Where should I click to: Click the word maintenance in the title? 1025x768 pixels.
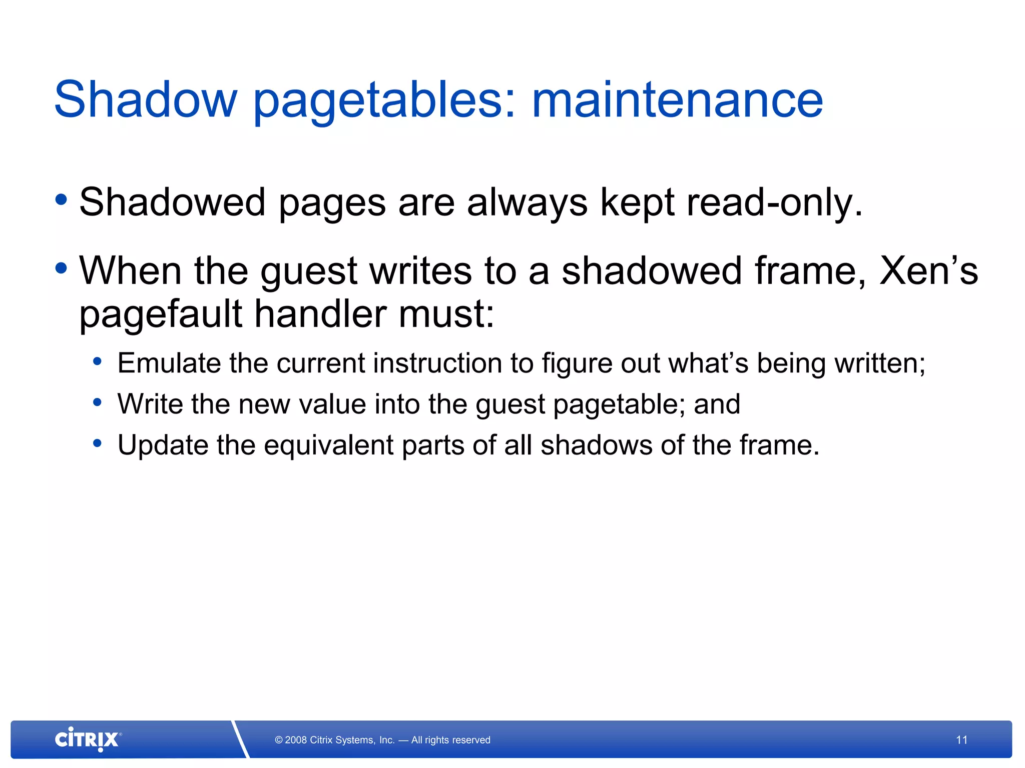(677, 100)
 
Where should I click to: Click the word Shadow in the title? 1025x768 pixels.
(145, 100)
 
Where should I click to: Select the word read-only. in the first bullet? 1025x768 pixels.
(775, 202)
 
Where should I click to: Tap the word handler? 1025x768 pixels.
(320, 314)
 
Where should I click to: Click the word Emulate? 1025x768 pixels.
(169, 363)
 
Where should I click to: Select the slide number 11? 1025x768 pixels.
(961, 740)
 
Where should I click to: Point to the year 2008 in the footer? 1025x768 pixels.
(296, 740)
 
